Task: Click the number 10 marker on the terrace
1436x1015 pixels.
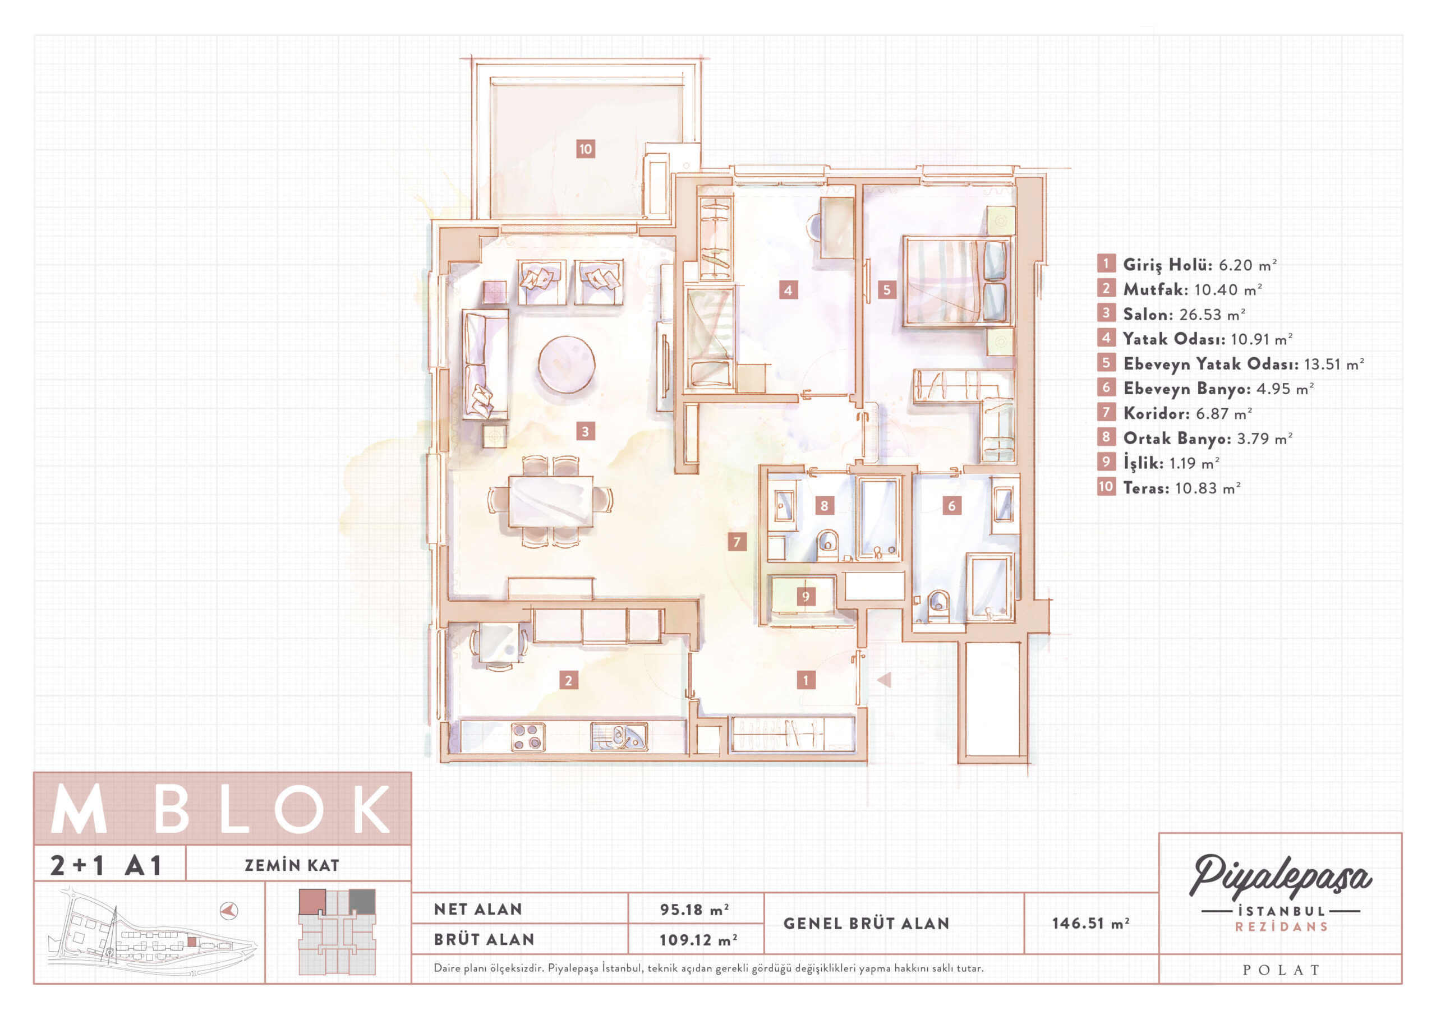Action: [x=585, y=149]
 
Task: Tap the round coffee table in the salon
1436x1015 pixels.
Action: [x=567, y=364]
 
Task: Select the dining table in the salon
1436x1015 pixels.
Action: [x=551, y=501]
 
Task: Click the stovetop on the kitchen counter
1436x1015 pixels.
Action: [x=528, y=736]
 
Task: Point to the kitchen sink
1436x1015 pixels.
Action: [x=619, y=736]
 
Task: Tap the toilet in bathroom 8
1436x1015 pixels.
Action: [x=827, y=544]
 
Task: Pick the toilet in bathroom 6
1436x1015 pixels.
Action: [x=938, y=605]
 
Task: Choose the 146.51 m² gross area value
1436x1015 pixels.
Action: [x=1090, y=923]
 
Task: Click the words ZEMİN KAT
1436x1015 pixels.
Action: [x=292, y=865]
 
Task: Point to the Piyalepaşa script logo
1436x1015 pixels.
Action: [x=1280, y=878]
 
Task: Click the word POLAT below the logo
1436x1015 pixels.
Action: [x=1281, y=970]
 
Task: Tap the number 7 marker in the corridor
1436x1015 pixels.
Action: [x=737, y=542]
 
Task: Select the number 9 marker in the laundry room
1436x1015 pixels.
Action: [x=806, y=596]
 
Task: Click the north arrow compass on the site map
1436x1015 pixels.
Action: [x=229, y=910]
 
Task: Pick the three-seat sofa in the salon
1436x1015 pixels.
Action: [x=485, y=365]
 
